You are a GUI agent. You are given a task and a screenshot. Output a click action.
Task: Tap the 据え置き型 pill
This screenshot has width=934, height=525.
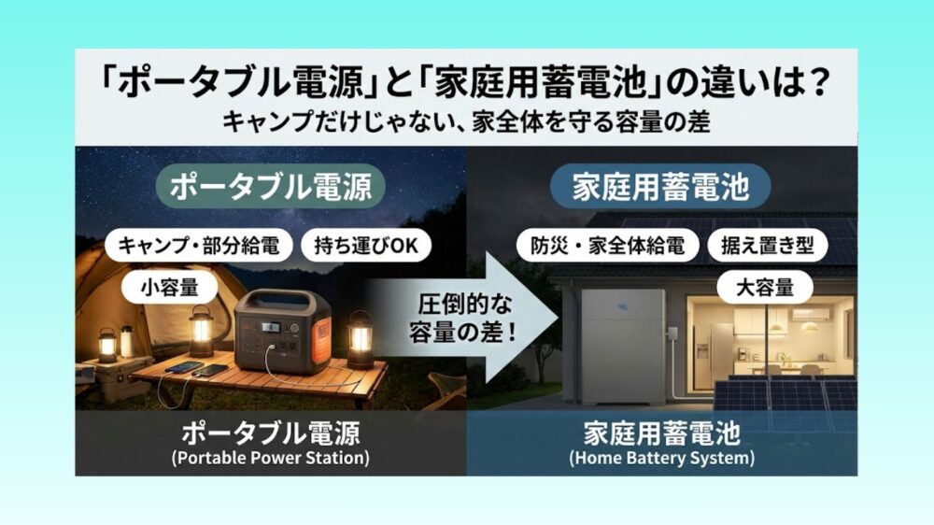(763, 246)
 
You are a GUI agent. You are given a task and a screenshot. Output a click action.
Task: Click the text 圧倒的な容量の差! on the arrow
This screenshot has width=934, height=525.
(450, 319)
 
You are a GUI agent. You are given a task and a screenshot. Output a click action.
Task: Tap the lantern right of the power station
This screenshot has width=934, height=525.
(359, 338)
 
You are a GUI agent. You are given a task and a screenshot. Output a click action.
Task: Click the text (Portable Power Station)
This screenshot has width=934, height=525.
(270, 458)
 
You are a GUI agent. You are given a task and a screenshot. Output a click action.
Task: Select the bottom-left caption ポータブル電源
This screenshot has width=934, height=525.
(270, 434)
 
